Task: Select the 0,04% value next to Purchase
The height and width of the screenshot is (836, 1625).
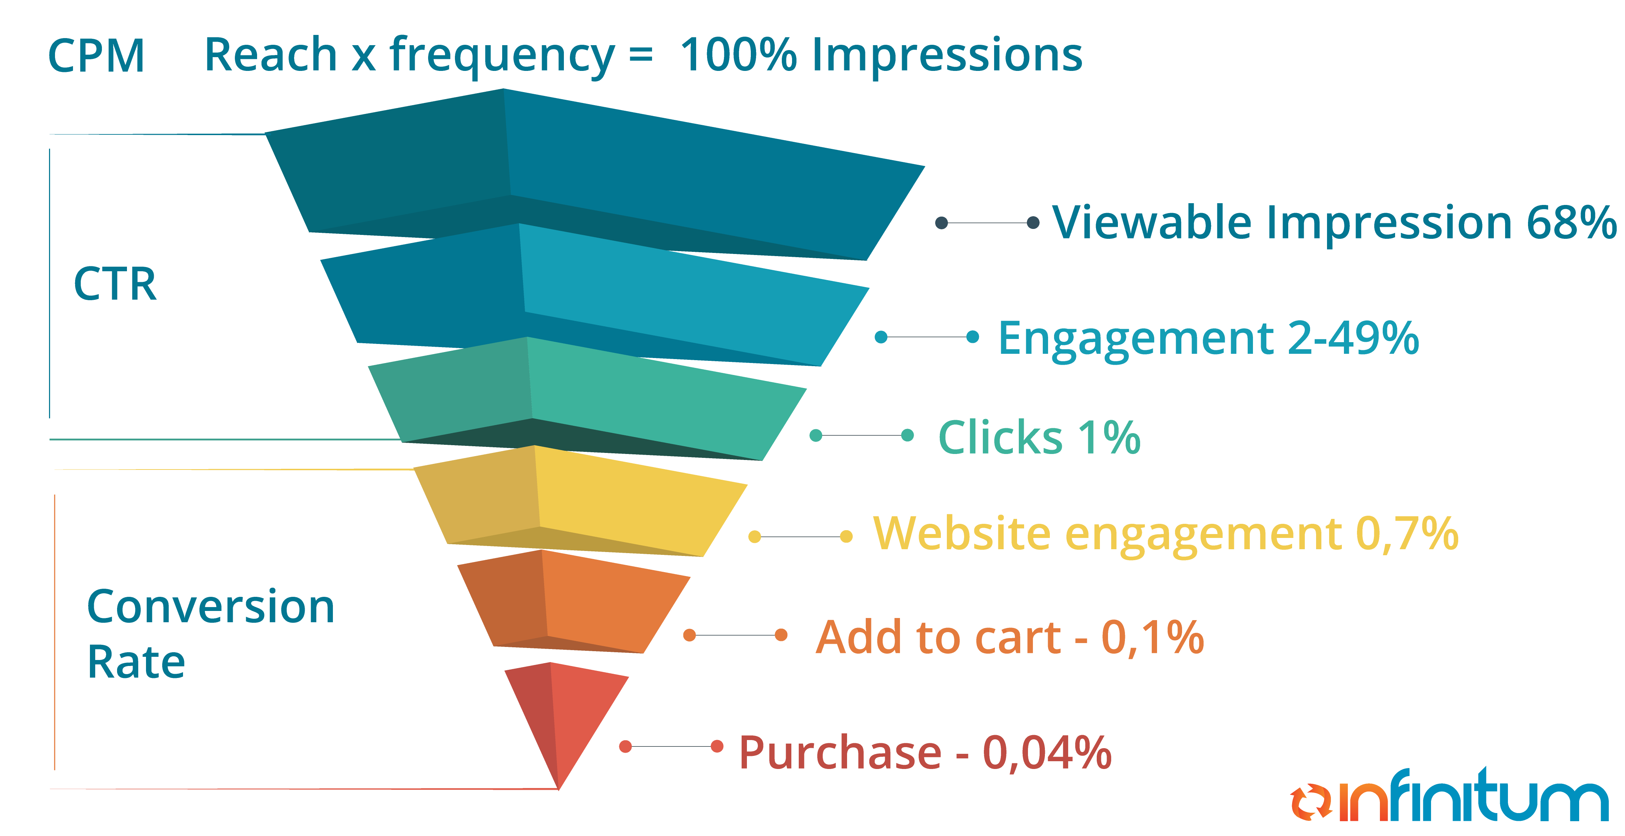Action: pos(1047,753)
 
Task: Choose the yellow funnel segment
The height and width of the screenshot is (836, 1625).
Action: pos(580,502)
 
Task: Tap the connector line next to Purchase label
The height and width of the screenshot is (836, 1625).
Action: pos(671,746)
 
